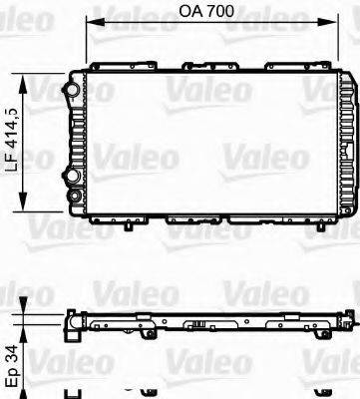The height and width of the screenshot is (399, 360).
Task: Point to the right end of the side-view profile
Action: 352,321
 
